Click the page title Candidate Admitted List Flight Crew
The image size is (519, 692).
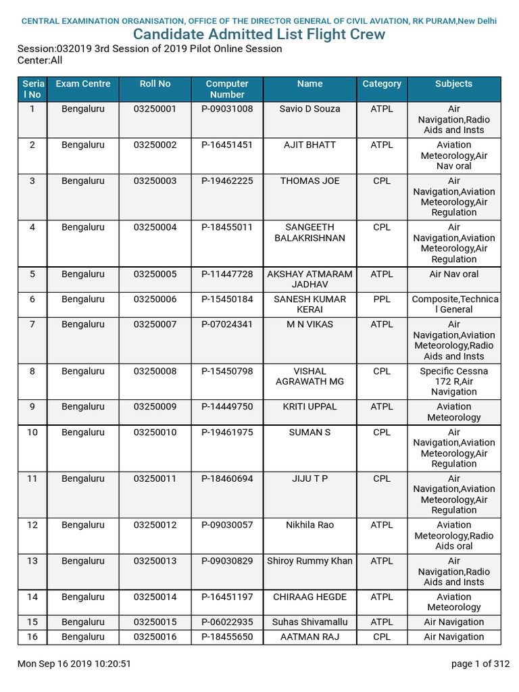[259, 34]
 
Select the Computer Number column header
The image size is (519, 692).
[227, 89]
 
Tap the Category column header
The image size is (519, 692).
[382, 84]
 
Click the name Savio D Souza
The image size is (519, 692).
[310, 109]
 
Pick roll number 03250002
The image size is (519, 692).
[155, 145]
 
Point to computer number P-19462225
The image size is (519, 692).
[227, 181]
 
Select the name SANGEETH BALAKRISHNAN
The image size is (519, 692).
[310, 232]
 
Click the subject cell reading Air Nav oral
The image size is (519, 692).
[453, 274]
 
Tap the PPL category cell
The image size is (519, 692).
[382, 299]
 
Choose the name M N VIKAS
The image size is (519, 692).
[310, 324]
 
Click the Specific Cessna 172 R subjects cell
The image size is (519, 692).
[453, 381]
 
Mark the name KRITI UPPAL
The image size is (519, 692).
[310, 407]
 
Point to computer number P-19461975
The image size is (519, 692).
[227, 432]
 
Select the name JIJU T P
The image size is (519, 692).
[310, 478]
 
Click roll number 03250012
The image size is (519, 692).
[155, 525]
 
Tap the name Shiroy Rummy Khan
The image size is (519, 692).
[310, 561]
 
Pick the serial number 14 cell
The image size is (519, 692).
[32, 597]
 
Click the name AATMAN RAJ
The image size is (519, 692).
[310, 637]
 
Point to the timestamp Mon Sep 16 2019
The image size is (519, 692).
[74, 664]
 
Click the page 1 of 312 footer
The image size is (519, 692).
[480, 664]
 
